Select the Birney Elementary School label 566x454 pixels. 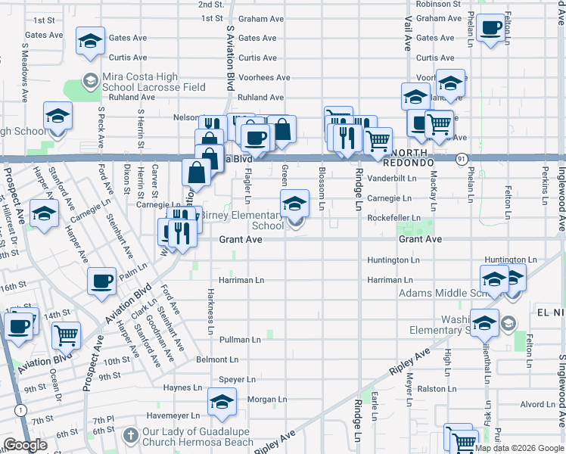coord(241,220)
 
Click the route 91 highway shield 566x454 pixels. coord(461,158)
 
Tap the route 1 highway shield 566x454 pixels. coord(20,409)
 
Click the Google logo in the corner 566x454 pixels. coord(25,445)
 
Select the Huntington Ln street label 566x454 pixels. coord(393,260)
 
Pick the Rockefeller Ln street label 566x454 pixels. coord(393,219)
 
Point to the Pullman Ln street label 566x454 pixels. coord(240,340)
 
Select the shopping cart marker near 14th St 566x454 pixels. coord(67,334)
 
